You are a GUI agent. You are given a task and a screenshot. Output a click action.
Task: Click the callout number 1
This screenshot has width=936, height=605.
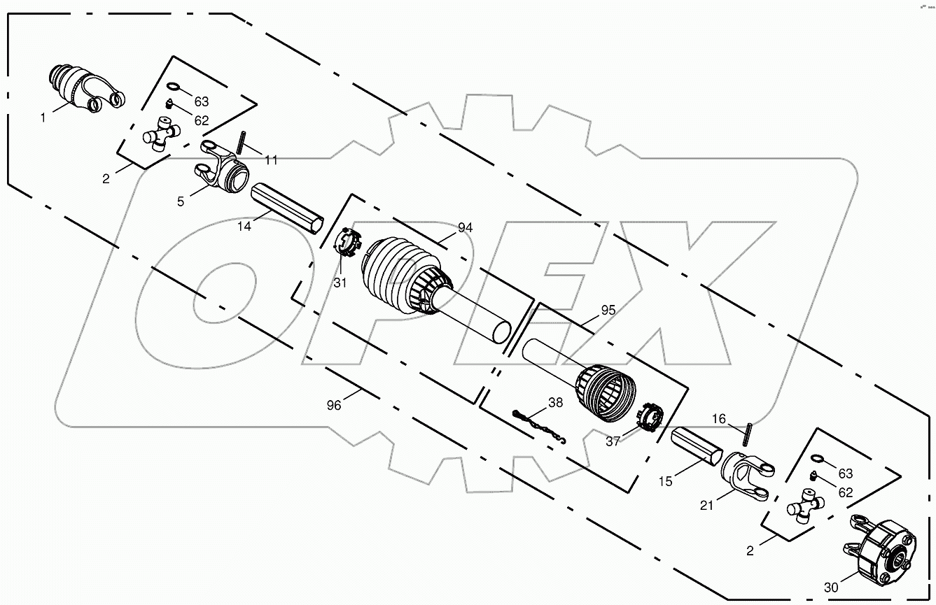coord(43,118)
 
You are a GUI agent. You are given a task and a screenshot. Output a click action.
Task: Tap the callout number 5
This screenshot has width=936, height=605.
coord(181,201)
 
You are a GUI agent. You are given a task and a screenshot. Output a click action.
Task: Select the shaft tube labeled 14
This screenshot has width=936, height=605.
coord(288,206)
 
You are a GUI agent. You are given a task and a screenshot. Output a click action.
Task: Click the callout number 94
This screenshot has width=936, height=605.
coord(466,228)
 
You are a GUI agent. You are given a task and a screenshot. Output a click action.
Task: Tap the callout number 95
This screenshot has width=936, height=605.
coord(608,310)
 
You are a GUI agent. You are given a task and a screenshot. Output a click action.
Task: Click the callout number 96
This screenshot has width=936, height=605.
coord(334,405)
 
